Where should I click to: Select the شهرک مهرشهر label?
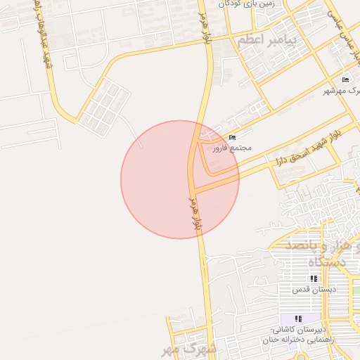pos(341,91)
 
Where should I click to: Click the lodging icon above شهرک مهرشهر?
pos(345,79)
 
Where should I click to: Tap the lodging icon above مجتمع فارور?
pos(233,137)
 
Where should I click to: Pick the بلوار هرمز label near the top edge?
pos(210,24)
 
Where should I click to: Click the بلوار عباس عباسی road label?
pos(344,29)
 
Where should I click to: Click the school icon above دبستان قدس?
pos(314,278)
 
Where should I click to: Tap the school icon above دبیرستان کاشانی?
pos(297,319)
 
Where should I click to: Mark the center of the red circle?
pos(180,179)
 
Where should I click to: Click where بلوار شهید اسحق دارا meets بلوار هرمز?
pos(193,188)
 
